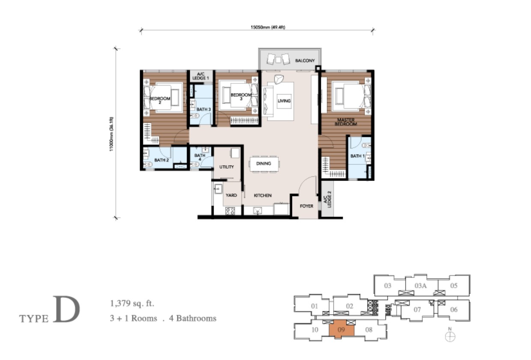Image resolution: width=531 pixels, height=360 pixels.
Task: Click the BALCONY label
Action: [x=305, y=61]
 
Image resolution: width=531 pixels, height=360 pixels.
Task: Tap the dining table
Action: [x=264, y=164]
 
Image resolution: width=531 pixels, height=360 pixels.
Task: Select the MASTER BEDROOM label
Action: [x=346, y=122]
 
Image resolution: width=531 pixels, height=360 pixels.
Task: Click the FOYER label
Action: [x=307, y=206]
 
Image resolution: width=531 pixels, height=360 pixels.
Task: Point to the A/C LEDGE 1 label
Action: [x=200, y=76]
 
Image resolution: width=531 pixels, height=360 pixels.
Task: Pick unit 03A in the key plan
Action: [x=421, y=286]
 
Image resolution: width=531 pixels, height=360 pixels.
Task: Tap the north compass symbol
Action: [x=450, y=336]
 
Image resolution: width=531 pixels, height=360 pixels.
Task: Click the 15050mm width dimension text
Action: [x=268, y=27]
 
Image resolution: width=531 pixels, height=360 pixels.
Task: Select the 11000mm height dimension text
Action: [x=111, y=134]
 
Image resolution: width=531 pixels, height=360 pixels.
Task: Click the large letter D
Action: [x=66, y=309]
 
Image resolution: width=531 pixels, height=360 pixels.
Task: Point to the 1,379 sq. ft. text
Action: [x=132, y=303]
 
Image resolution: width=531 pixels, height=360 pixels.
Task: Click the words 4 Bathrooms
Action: [x=193, y=318]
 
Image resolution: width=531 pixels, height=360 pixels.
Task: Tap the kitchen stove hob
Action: [x=230, y=211]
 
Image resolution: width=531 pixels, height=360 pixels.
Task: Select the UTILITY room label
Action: [x=227, y=167]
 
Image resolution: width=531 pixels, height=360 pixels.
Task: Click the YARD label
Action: [x=231, y=195]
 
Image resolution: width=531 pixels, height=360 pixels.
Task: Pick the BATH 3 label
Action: [x=204, y=109]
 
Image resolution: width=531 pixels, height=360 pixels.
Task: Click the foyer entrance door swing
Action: [x=307, y=185]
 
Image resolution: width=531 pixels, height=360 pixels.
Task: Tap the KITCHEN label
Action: [x=263, y=195]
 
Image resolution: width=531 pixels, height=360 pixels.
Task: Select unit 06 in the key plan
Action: [x=453, y=309]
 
